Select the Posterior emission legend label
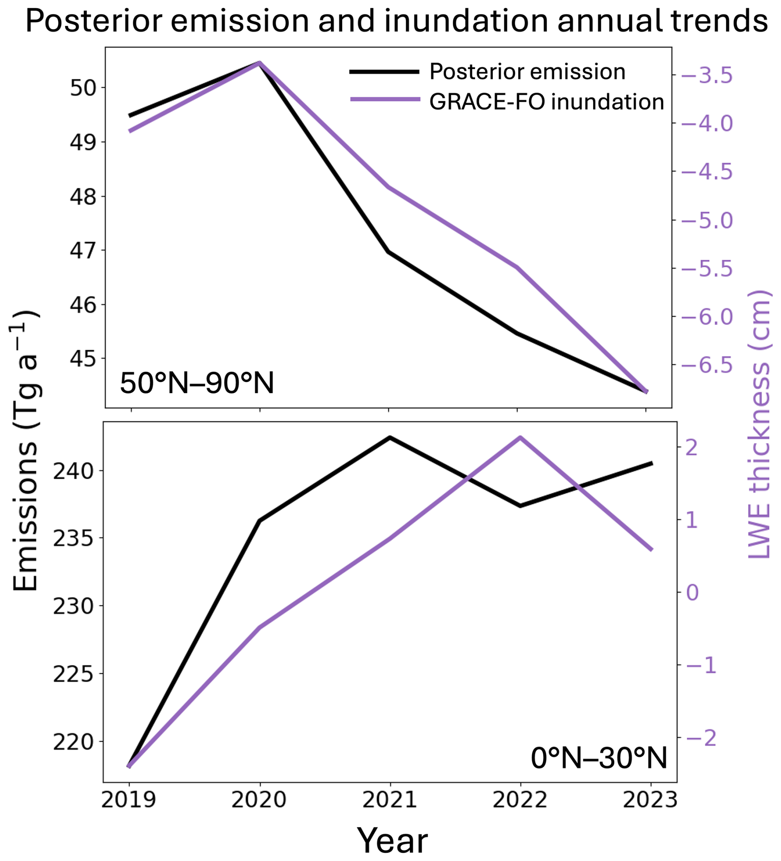(x=527, y=72)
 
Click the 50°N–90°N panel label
(x=197, y=383)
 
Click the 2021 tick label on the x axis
(x=389, y=799)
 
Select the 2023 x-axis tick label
(x=650, y=799)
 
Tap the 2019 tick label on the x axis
(x=128, y=799)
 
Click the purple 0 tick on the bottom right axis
(x=692, y=593)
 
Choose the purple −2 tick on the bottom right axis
(x=700, y=738)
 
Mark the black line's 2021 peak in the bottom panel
(x=389, y=437)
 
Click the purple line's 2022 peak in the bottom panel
(x=520, y=437)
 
